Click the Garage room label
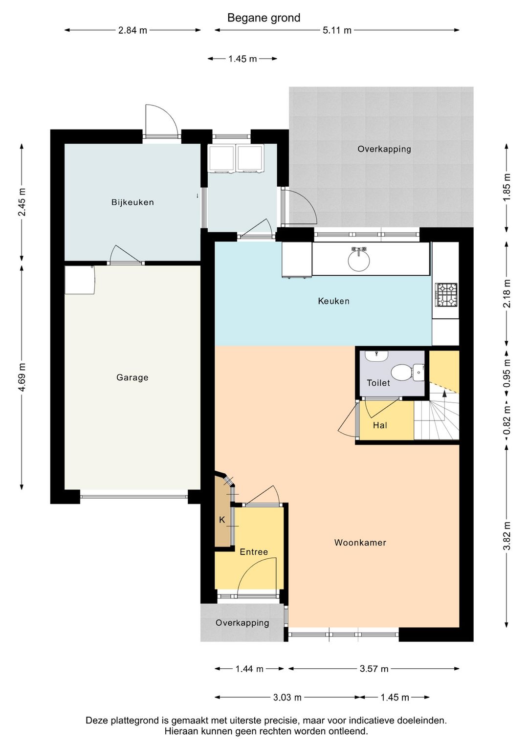click(x=132, y=378)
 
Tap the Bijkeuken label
click(x=132, y=202)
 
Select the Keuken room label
click(x=334, y=301)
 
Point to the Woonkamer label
click(x=360, y=543)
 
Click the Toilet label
click(x=378, y=383)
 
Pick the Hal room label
click(x=380, y=425)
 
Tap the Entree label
click(x=254, y=552)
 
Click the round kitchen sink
click(x=359, y=261)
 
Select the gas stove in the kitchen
click(x=446, y=295)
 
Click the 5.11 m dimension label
click(x=337, y=31)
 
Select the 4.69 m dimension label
click(x=22, y=378)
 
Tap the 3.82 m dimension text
click(x=506, y=535)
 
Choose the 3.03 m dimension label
click(x=287, y=697)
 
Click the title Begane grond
click(x=264, y=18)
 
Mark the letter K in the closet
click(x=222, y=520)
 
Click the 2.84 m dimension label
click(x=132, y=31)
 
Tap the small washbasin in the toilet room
click(x=376, y=356)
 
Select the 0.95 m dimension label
click(x=506, y=373)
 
